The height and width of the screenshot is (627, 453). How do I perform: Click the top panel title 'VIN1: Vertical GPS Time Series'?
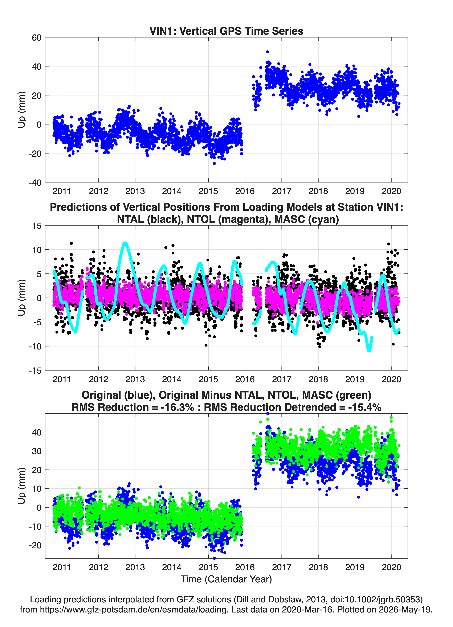(226, 31)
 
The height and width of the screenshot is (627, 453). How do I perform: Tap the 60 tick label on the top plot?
(37, 38)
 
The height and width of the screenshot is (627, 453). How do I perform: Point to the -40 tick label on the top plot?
(35, 183)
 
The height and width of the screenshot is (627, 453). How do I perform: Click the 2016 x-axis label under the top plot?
(245, 191)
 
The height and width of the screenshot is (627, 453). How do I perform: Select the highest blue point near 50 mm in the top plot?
(268, 52)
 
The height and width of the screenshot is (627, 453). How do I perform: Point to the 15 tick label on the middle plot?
(37, 226)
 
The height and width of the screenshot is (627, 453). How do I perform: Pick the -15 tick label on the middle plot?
(35, 370)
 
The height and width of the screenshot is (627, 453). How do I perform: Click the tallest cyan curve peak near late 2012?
(125, 243)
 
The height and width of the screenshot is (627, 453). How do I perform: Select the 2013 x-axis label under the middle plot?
(135, 379)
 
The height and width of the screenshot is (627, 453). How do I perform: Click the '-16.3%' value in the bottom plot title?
(177, 407)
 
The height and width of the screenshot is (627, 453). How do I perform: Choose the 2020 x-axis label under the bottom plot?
(391, 567)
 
